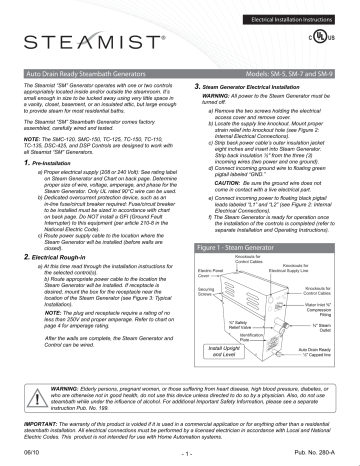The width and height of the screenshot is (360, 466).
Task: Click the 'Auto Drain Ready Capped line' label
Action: [330, 355]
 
